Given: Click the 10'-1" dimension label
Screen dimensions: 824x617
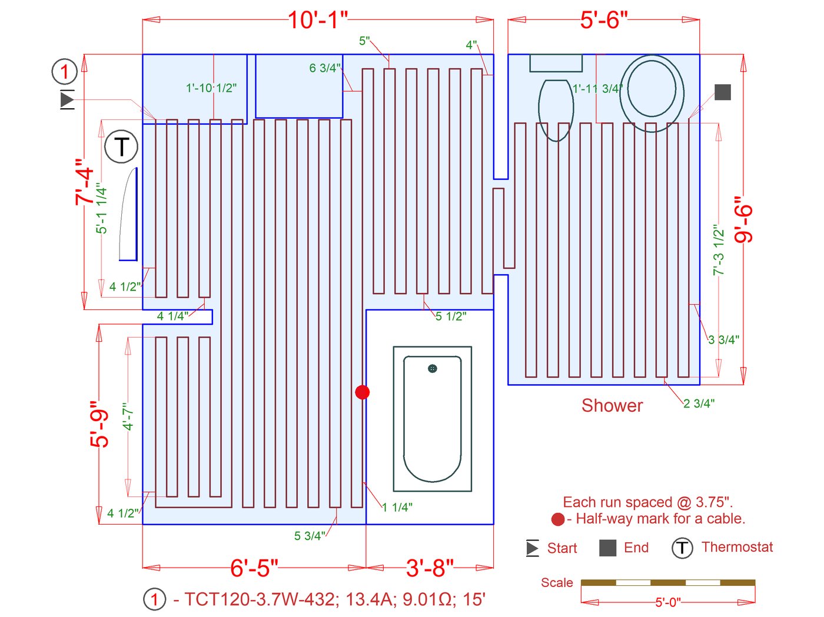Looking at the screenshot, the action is tap(318, 20).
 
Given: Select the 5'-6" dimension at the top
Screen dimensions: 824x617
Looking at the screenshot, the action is tap(603, 20).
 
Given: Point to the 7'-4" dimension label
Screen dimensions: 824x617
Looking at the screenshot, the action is tap(84, 182).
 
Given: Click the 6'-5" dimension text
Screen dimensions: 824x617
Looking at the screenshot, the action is tap(254, 568).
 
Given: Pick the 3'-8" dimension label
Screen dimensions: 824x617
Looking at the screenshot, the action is tap(430, 568).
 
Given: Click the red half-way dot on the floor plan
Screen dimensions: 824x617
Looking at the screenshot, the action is tap(362, 392).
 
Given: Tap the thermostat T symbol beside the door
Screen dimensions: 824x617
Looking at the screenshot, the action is tap(121, 146).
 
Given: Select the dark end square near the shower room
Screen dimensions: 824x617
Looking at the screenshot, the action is tap(723, 92).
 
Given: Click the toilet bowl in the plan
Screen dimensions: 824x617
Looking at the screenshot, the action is tap(556, 110).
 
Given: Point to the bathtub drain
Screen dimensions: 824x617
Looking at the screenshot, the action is tap(432, 369).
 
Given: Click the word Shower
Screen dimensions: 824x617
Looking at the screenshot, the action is tap(612, 406).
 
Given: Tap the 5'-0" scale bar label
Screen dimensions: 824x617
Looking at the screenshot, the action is tap(668, 602).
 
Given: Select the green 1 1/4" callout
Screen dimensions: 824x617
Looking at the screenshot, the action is tap(397, 507).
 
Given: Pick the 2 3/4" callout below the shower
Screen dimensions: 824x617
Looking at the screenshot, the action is tap(699, 403).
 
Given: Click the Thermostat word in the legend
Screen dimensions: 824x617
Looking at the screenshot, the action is tap(737, 547).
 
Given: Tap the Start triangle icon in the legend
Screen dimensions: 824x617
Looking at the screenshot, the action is tap(532, 548).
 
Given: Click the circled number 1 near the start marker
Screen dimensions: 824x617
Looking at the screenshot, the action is tap(65, 71).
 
